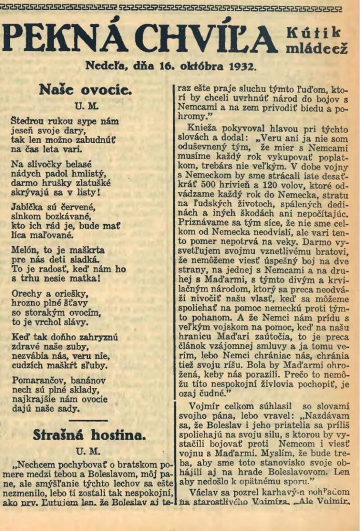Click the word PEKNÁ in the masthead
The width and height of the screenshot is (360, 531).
(x=65, y=38)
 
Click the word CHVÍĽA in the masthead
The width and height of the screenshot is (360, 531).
(x=207, y=38)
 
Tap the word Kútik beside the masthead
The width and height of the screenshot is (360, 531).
(x=313, y=32)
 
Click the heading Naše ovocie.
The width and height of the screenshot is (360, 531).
(x=85, y=89)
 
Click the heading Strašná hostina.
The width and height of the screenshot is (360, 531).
(x=85, y=435)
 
